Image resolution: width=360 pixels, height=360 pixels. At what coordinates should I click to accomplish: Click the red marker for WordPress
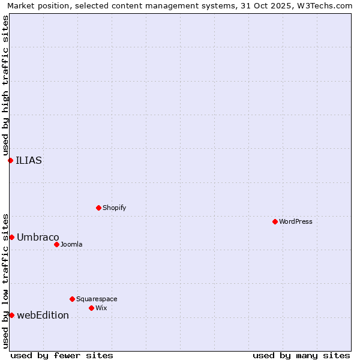coord(275,221)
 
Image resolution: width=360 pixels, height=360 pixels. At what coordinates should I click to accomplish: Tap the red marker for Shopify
coord(98,208)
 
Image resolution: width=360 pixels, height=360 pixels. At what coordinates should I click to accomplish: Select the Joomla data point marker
coord(56,244)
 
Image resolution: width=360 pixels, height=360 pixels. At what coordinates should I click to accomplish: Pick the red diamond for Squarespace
coord(72,299)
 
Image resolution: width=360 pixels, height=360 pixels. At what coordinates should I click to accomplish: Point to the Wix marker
coord(91,308)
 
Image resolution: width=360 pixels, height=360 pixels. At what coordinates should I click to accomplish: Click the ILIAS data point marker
coord(10,160)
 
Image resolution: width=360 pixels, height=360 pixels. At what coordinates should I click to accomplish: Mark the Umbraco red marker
coord(11,237)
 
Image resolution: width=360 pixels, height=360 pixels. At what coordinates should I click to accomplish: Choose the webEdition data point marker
coord(11,315)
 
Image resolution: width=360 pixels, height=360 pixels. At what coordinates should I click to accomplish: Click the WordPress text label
coord(296,221)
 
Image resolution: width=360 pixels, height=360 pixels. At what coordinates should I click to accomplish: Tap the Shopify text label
coord(114,208)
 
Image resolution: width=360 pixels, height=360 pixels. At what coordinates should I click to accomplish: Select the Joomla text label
coord(71,244)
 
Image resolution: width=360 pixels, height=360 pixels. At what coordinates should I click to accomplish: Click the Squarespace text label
coord(97,299)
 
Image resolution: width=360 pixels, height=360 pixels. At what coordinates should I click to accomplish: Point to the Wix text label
coord(101,308)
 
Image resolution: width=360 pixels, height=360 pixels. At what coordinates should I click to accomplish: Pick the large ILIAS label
coord(29,160)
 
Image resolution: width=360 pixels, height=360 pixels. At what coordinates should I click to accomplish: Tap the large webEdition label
coord(43,315)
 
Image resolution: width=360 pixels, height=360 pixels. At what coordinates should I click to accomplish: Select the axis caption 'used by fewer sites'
coord(62,355)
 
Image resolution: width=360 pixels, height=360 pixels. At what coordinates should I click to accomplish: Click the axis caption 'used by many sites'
coord(301,355)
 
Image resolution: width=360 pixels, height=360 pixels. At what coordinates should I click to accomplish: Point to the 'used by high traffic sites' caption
coord(5,86)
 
